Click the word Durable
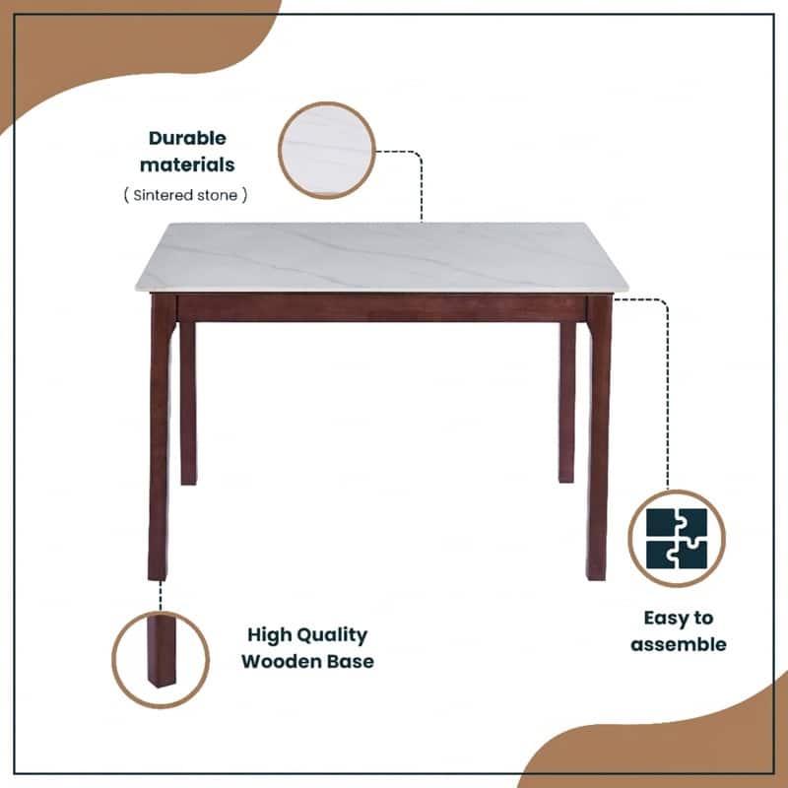[187, 138]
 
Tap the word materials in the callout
[187, 164]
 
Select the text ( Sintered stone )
[186, 195]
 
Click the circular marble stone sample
[327, 151]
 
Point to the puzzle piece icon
[677, 538]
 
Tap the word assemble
[679, 645]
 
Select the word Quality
[330, 635]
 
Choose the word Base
[352, 661]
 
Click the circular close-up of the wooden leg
[161, 658]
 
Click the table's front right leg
[598, 443]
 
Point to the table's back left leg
[187, 404]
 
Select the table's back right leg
[567, 404]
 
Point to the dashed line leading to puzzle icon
[668, 394]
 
